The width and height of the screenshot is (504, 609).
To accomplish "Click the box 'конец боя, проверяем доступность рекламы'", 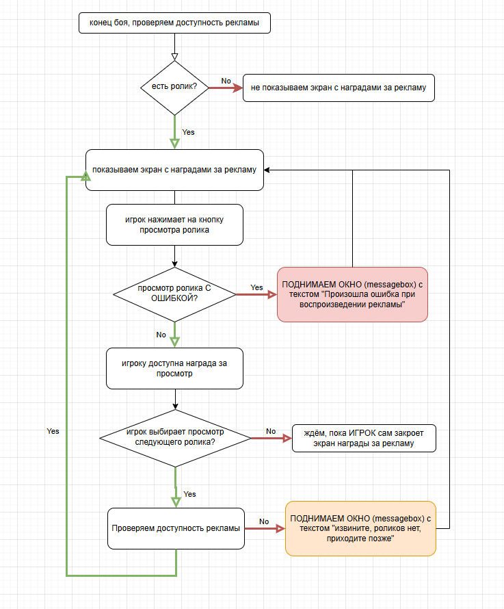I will (x=174, y=23).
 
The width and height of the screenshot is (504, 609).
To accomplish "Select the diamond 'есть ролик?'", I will (x=174, y=88).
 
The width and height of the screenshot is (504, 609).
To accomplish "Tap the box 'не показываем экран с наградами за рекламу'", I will (x=339, y=88).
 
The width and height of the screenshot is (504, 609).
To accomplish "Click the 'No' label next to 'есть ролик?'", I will (x=226, y=81).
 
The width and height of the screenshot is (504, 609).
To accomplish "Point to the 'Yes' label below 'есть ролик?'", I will (x=188, y=132).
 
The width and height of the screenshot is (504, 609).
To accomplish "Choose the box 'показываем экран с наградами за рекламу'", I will (x=174, y=170).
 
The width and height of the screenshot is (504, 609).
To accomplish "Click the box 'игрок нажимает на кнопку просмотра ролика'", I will (x=174, y=224).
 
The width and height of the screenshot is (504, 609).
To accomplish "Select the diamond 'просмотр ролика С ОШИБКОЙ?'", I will (x=174, y=294).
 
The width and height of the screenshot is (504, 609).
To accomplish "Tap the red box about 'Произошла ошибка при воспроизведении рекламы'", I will (x=352, y=294).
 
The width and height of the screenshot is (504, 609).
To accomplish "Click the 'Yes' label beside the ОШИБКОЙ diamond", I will (x=256, y=287).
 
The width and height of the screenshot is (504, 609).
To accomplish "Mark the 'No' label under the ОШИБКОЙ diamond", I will (x=161, y=335).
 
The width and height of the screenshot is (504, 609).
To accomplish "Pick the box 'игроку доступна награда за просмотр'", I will (x=174, y=369).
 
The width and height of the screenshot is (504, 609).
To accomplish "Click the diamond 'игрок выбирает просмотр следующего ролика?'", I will (x=175, y=438).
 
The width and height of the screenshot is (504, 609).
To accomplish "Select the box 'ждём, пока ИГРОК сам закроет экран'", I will (x=363, y=438).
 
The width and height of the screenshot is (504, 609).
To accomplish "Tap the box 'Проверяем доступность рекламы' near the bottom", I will (x=176, y=528).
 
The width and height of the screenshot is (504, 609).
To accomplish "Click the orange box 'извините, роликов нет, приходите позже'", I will (x=360, y=528).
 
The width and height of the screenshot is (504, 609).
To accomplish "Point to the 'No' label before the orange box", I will (x=264, y=521).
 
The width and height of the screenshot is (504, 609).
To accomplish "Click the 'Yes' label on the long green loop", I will (x=53, y=431).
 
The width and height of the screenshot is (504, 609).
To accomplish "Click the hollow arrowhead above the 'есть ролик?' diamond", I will (x=174, y=57).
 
